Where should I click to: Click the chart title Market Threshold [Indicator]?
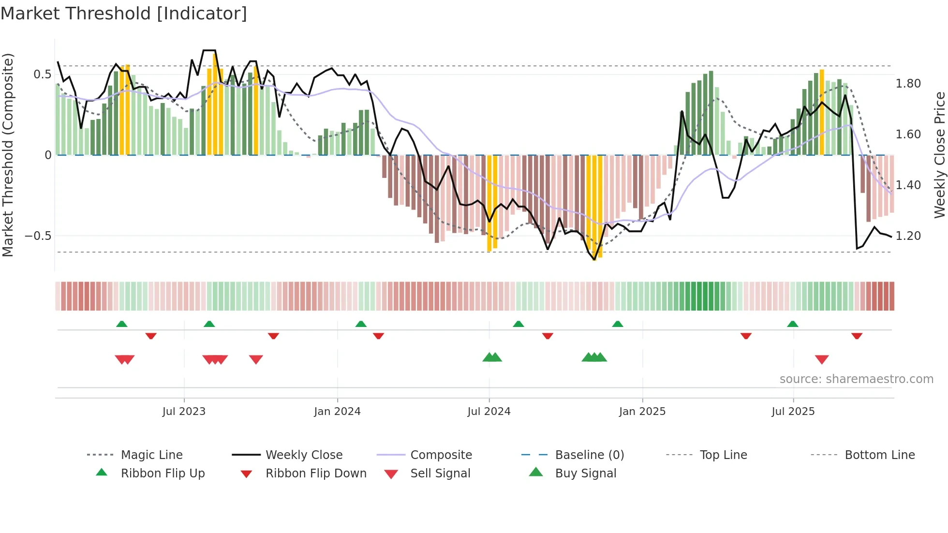(124, 14)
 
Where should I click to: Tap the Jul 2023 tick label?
(184, 412)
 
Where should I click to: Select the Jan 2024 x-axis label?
(337, 412)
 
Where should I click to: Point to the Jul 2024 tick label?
(489, 412)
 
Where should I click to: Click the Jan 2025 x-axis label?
(642, 412)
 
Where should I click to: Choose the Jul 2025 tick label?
(793, 412)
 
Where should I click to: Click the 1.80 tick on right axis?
(908, 84)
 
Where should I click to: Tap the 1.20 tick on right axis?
(908, 236)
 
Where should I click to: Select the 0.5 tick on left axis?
(42, 74)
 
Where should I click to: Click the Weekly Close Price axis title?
(939, 155)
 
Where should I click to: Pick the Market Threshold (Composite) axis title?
(8, 155)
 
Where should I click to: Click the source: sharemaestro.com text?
(856, 379)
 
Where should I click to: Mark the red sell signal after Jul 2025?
(822, 359)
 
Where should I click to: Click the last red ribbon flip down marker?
(857, 336)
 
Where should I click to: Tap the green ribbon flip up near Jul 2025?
(792, 324)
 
